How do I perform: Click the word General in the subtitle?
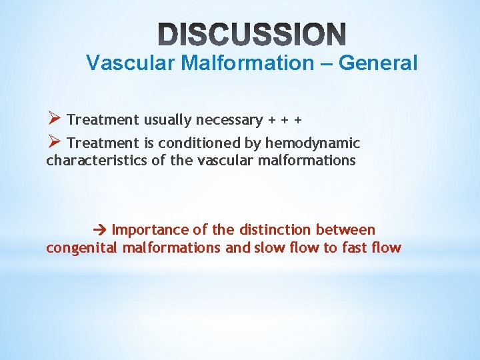(378, 63)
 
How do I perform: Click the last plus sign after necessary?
(298, 120)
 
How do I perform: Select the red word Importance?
(151, 230)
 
